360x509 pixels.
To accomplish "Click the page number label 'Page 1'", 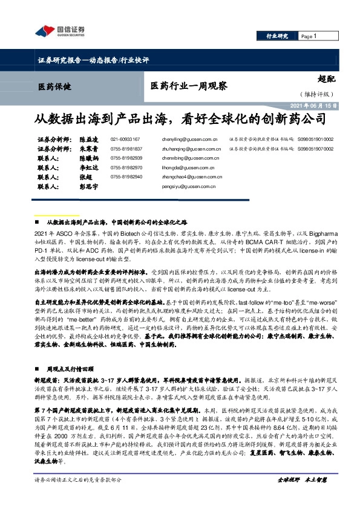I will pyautogui.click(x=309, y=37).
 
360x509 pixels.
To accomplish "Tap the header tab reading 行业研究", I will pyautogui.click(x=277, y=37).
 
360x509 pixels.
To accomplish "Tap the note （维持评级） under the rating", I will pyautogui.click(x=316, y=94).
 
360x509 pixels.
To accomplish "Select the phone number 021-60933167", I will pyautogui.click(x=125, y=139).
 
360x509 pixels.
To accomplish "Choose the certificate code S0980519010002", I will pyautogui.click(x=316, y=139).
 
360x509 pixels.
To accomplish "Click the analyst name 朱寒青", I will pyautogui.click(x=88, y=148).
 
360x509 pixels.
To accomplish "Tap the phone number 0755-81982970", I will pyautogui.click(x=126, y=167).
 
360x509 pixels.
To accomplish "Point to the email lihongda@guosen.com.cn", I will pyautogui.click(x=185, y=167).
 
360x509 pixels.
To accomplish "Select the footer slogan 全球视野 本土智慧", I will pyautogui.click(x=302, y=496).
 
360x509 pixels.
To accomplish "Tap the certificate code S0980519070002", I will pyautogui.click(x=316, y=148).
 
